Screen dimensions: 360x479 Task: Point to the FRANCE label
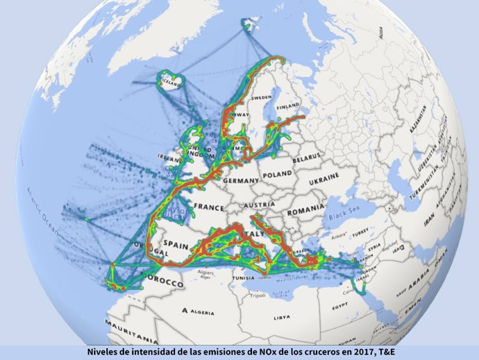pyautogui.click(x=209, y=206)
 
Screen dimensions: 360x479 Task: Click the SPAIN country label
pyautogui.click(x=176, y=245)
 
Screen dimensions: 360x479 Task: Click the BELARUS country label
pyautogui.click(x=307, y=159)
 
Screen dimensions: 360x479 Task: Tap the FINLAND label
pyautogui.click(x=287, y=108)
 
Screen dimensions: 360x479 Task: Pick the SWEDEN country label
pyautogui.click(x=261, y=98)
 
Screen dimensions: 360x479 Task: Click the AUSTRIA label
pyautogui.click(x=256, y=205)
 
